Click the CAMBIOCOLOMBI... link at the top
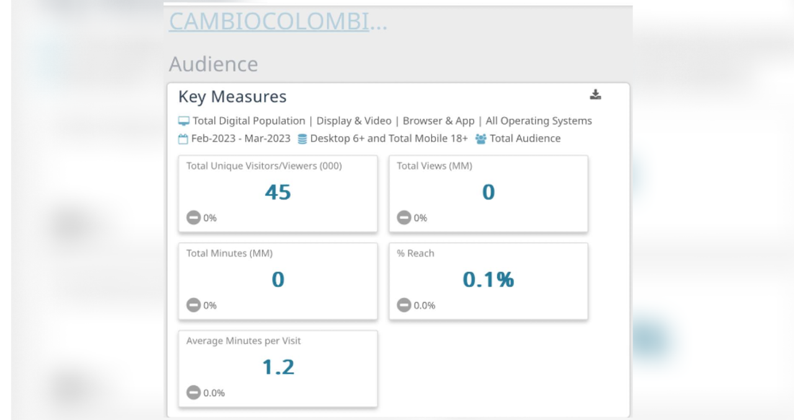click(x=277, y=21)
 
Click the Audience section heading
click(x=213, y=64)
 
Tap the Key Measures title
click(x=232, y=97)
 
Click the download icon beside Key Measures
click(x=595, y=95)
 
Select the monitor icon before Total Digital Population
click(x=184, y=121)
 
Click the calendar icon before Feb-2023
click(x=183, y=139)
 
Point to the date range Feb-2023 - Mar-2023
click(x=241, y=139)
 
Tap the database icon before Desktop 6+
click(x=302, y=139)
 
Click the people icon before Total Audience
click(x=481, y=139)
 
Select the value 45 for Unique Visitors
click(x=278, y=193)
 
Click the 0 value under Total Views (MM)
click(x=488, y=193)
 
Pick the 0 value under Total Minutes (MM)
click(x=278, y=280)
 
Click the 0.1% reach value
click(x=488, y=280)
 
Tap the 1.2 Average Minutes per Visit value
click(x=278, y=367)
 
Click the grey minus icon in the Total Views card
click(x=404, y=217)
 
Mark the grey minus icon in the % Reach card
click(x=404, y=305)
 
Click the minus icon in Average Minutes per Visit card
click(x=194, y=392)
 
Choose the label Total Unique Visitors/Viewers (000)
click(x=264, y=166)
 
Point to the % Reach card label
click(x=416, y=253)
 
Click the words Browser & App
click(x=439, y=121)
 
